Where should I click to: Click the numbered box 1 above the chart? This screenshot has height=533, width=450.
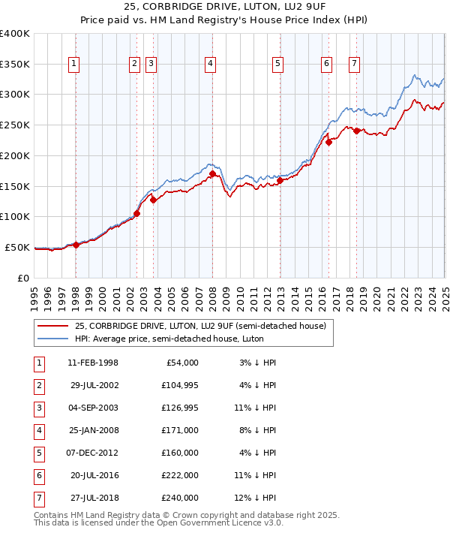[x=74, y=65]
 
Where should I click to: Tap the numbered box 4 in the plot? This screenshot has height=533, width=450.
[x=211, y=65]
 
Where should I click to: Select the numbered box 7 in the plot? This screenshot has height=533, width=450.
[x=353, y=65]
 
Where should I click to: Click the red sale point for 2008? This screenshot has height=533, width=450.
[x=212, y=173]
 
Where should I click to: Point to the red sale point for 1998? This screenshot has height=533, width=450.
[x=76, y=245]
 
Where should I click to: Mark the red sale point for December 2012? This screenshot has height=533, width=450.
[x=280, y=180]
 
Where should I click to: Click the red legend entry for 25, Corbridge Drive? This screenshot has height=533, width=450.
[x=199, y=327]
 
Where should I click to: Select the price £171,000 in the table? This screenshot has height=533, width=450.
[x=181, y=431]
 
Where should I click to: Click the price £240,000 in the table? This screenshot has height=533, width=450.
[x=181, y=498]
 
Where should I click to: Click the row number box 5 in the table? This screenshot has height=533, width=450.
[x=37, y=453]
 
